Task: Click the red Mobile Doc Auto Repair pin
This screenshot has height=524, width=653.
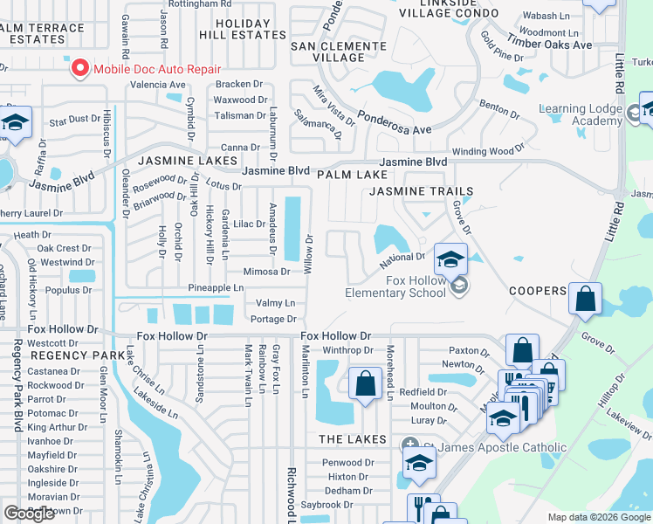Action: tap(80, 68)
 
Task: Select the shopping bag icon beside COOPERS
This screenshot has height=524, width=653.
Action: tap(584, 300)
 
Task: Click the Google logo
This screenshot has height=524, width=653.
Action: tap(30, 513)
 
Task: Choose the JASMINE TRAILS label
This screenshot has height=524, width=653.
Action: tap(421, 191)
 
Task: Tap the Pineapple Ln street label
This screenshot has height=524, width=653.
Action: tap(216, 287)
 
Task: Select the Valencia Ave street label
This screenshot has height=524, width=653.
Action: tap(158, 85)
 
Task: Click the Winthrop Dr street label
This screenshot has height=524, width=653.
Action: tap(348, 350)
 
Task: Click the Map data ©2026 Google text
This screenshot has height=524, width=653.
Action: tap(598, 517)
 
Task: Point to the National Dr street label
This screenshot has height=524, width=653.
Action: tap(402, 259)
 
